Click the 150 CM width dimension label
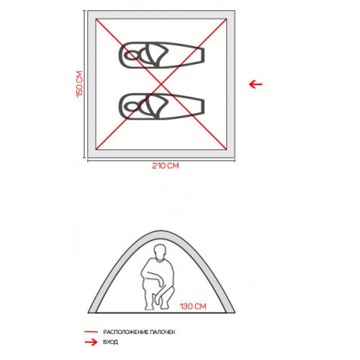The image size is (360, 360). pyautogui.click(x=80, y=84)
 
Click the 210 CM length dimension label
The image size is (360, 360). pyautogui.click(x=166, y=166)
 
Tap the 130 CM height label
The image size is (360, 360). pyautogui.click(x=193, y=306)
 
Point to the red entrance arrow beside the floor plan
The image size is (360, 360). pyautogui.click(x=256, y=84)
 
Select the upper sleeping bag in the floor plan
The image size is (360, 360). pyautogui.click(x=161, y=55)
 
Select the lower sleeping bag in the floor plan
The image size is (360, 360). pyautogui.click(x=161, y=107)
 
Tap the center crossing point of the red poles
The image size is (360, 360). pyautogui.click(x=161, y=84)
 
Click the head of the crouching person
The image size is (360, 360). pyautogui.click(x=160, y=253)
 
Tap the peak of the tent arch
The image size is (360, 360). pyautogui.click(x=161, y=233)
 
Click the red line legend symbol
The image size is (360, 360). pyautogui.click(x=91, y=332)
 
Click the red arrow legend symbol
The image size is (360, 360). pyautogui.click(x=91, y=342)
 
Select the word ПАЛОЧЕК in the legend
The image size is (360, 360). pyautogui.click(x=163, y=332)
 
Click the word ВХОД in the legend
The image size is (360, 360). pyautogui.click(x=111, y=342)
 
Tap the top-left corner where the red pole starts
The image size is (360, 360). pyautogui.click(x=96, y=19)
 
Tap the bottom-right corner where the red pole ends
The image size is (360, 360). pyautogui.click(x=226, y=149)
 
